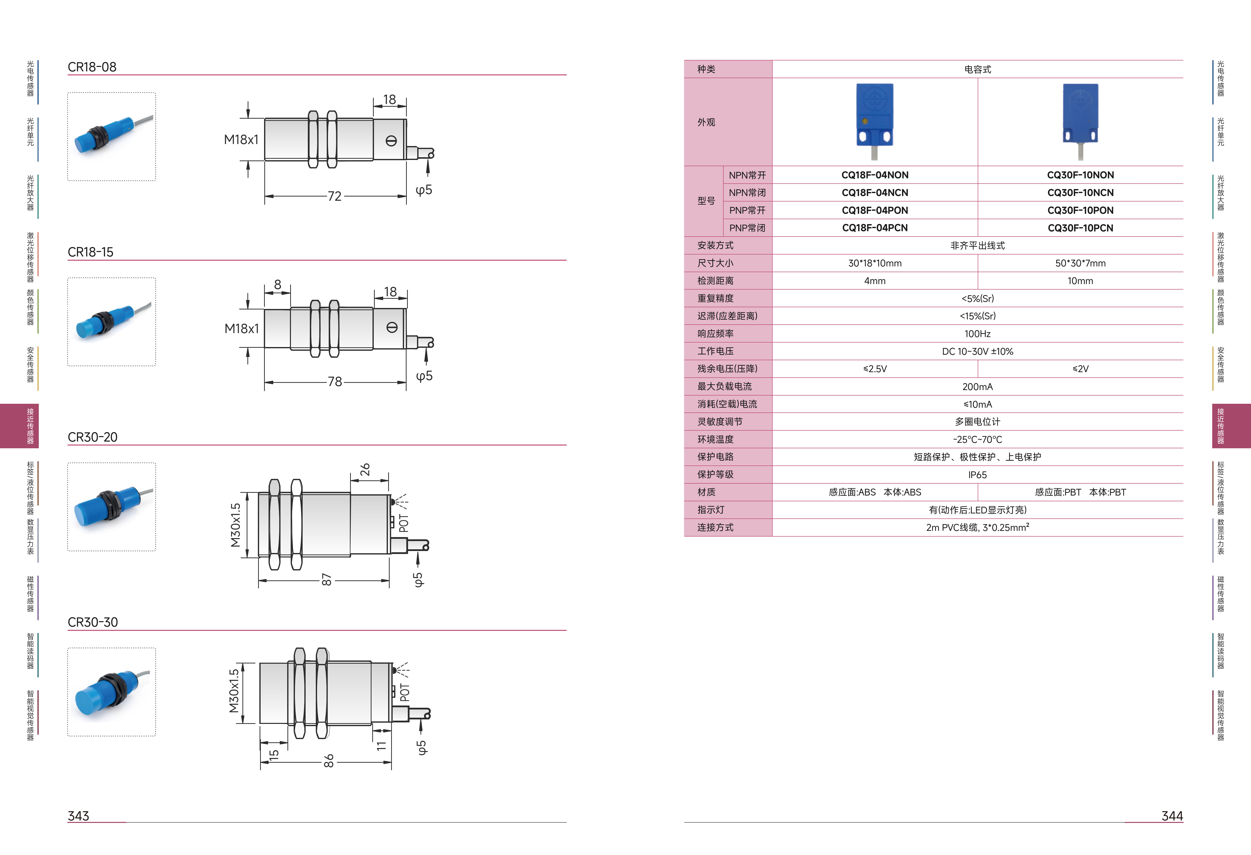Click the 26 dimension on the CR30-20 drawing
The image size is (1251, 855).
[365, 469]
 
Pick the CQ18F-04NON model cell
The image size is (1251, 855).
[875, 175]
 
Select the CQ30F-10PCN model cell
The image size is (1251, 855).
[1080, 228]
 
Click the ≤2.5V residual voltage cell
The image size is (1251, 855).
[875, 369]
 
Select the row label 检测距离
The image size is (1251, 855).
[715, 281]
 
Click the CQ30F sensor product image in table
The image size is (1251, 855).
[1080, 122]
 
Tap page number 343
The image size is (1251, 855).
[78, 816]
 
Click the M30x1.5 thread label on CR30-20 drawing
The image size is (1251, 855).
[235, 525]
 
